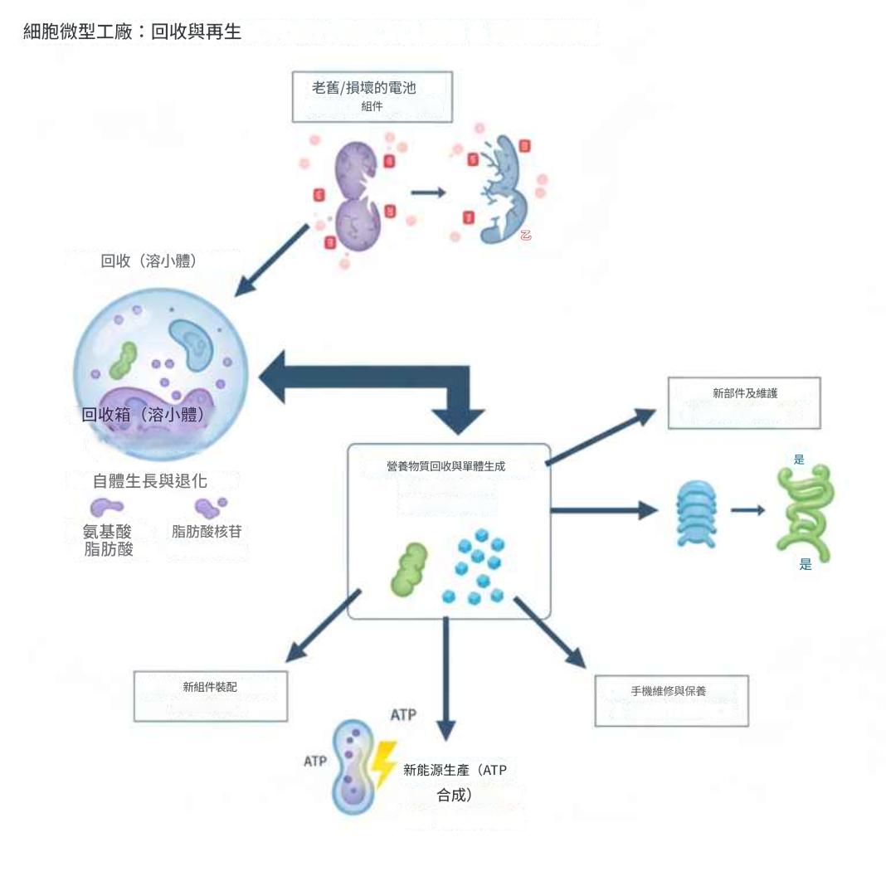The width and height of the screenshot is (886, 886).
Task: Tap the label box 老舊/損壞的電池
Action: [371, 95]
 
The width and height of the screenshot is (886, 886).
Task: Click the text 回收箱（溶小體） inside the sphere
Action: [143, 414]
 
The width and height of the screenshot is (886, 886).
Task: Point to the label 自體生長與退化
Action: [149, 481]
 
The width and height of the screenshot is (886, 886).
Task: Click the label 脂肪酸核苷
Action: [207, 531]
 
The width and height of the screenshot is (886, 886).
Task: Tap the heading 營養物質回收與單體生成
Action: [445, 466]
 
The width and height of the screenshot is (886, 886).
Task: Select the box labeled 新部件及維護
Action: [744, 402]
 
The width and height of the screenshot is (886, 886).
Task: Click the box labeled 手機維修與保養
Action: [671, 700]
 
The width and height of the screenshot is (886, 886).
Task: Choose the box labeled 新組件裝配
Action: [210, 695]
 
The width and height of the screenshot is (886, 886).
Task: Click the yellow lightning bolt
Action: [383, 764]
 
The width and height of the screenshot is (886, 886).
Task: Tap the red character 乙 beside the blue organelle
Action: [525, 235]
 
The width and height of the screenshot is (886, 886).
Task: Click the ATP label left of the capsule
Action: [314, 761]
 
